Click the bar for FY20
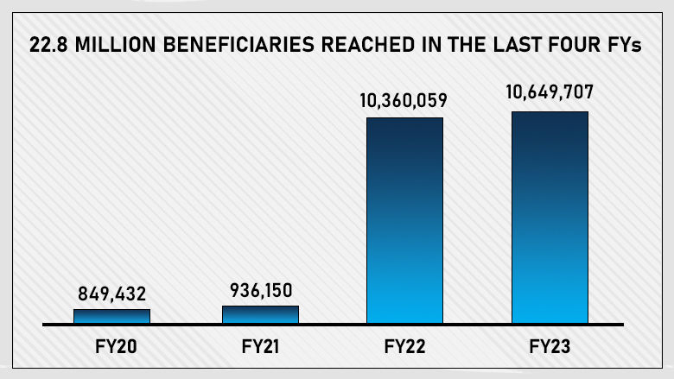click(111, 316)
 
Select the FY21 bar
click(260, 314)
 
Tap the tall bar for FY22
click(404, 220)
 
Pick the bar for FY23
click(550, 217)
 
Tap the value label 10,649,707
click(550, 94)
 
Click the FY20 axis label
click(112, 350)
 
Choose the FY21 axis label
click(260, 350)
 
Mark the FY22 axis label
click(404, 350)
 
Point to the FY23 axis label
click(550, 350)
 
